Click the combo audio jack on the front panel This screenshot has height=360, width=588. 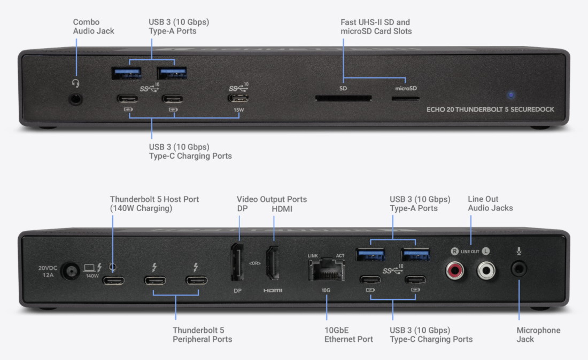point(76,99)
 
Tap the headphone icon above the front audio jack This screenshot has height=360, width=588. point(76,83)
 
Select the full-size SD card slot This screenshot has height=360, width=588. point(343,98)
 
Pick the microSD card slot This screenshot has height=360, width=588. point(406,98)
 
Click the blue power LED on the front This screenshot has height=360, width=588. point(511,95)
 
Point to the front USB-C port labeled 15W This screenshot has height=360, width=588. point(238,99)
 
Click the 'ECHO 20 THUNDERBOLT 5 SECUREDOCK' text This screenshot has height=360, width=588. point(490,109)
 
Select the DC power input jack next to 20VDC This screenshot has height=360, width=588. point(68,271)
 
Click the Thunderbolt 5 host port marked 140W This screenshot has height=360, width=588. point(113,280)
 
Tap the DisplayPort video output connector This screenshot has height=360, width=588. point(238,262)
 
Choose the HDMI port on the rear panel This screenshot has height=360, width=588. point(273,262)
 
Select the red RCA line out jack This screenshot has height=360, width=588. point(455,270)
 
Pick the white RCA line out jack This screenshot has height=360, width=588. point(486,270)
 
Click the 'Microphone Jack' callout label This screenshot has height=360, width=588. point(538,334)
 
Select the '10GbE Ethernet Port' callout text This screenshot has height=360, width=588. point(349,334)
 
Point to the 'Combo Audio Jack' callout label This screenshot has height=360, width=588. point(94,26)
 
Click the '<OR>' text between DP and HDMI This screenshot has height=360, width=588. point(255,263)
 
